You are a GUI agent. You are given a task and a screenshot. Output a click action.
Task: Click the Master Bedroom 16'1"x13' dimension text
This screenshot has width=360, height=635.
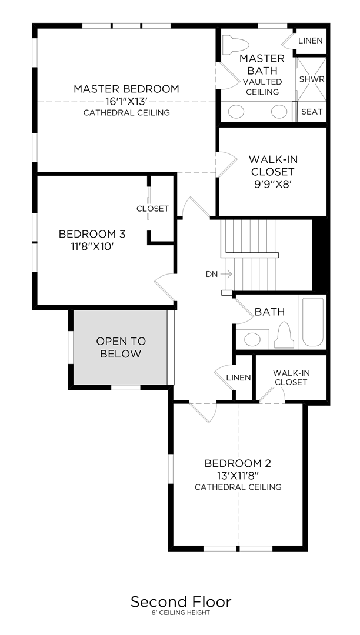(x=126, y=101)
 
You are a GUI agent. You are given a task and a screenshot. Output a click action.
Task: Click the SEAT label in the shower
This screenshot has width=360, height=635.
(x=312, y=111)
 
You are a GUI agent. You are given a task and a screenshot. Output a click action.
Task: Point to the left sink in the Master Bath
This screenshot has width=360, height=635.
(x=236, y=111)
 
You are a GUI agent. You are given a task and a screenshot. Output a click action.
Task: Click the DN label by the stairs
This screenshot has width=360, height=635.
(x=212, y=274)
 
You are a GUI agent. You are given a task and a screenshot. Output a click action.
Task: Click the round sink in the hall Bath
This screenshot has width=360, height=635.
(x=253, y=339)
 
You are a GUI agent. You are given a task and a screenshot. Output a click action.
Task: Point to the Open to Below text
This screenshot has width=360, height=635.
(x=121, y=347)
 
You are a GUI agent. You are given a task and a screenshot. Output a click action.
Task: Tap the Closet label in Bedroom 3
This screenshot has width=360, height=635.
(x=152, y=209)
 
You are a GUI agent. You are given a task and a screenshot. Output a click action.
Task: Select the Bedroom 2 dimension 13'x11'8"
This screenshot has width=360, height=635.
(x=238, y=475)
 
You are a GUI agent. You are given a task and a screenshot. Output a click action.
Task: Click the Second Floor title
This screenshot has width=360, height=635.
(x=181, y=602)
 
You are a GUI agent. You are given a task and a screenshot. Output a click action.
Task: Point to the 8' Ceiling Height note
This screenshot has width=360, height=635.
(x=181, y=613)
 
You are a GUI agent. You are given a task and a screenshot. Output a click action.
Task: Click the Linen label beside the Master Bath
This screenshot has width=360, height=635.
(x=309, y=41)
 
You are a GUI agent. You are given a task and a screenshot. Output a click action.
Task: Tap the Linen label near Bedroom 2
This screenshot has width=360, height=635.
(x=238, y=377)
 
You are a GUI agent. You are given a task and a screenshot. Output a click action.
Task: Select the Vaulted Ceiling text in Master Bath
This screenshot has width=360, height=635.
(x=261, y=87)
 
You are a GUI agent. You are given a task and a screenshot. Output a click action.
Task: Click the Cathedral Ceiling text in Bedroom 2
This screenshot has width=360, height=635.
(x=238, y=487)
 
